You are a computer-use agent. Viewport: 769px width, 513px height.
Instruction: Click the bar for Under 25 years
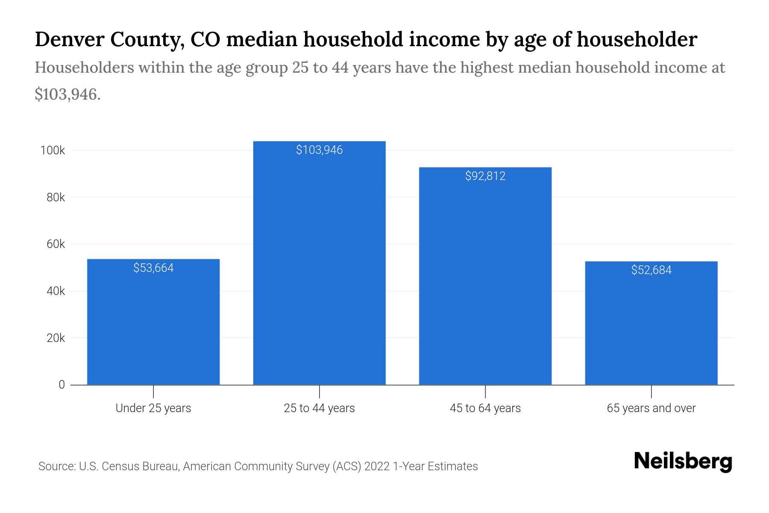[x=153, y=325]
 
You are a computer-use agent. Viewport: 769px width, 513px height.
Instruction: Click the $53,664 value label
[x=153, y=268]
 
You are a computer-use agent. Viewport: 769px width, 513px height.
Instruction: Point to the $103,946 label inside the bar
[x=319, y=150]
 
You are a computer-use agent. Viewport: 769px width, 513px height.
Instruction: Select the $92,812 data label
[x=485, y=176]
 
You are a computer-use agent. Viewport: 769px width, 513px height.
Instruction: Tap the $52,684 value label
[x=651, y=270]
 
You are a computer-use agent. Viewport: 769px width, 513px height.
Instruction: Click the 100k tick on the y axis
[x=52, y=150]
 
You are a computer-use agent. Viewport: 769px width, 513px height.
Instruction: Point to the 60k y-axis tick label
[x=56, y=244]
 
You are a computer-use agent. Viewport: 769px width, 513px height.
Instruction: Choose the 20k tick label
[x=56, y=338]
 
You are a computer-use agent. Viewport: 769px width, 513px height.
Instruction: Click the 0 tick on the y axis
[x=62, y=385]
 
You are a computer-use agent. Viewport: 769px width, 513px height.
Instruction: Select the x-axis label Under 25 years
[x=153, y=408]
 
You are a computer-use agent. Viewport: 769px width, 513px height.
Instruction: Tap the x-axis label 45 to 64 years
[x=485, y=408]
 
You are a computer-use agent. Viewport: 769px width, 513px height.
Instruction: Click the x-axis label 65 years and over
[x=651, y=408]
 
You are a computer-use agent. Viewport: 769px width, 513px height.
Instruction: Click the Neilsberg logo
[x=683, y=462]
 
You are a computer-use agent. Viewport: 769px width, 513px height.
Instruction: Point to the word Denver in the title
[x=69, y=39]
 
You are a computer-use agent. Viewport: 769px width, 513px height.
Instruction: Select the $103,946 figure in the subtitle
[x=67, y=94]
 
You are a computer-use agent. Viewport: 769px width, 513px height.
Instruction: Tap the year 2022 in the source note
[x=377, y=466]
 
